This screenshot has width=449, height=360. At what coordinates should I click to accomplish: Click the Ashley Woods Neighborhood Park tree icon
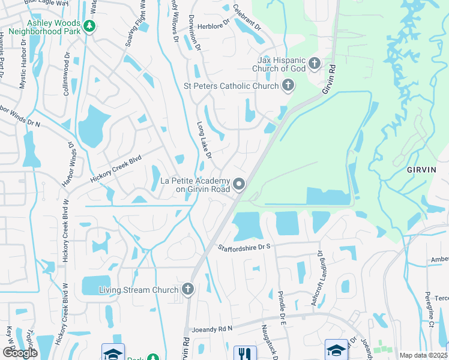click(89, 26)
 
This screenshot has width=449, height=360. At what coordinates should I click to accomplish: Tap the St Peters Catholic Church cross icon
click(288, 86)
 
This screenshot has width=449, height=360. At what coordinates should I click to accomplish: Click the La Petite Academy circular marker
click(240, 184)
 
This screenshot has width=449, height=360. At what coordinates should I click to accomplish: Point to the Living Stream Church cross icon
click(187, 290)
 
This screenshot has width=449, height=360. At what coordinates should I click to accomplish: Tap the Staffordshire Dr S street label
click(245, 247)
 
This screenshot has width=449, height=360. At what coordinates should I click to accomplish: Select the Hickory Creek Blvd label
click(115, 169)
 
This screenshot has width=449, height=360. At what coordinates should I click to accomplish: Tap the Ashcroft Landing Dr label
click(317, 279)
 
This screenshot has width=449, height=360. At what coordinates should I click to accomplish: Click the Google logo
click(19, 353)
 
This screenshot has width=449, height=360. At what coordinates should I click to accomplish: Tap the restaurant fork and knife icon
click(244, 353)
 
